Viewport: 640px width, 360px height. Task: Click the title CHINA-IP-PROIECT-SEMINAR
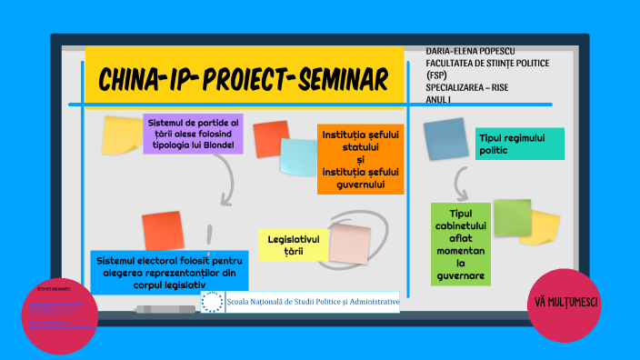242,79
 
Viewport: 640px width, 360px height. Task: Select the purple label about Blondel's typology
193,133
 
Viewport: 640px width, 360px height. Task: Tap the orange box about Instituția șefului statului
360,159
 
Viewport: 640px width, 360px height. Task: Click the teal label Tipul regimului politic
518,143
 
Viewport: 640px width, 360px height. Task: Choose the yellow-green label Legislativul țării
291,245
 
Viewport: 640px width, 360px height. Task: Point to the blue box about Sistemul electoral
160,272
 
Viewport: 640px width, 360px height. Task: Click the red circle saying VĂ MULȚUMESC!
565,303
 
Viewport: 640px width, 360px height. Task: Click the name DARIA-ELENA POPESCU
478,52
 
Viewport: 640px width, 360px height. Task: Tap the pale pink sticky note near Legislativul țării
349,244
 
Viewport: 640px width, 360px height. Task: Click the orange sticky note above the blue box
162,231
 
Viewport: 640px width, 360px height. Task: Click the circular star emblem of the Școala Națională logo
212,302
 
